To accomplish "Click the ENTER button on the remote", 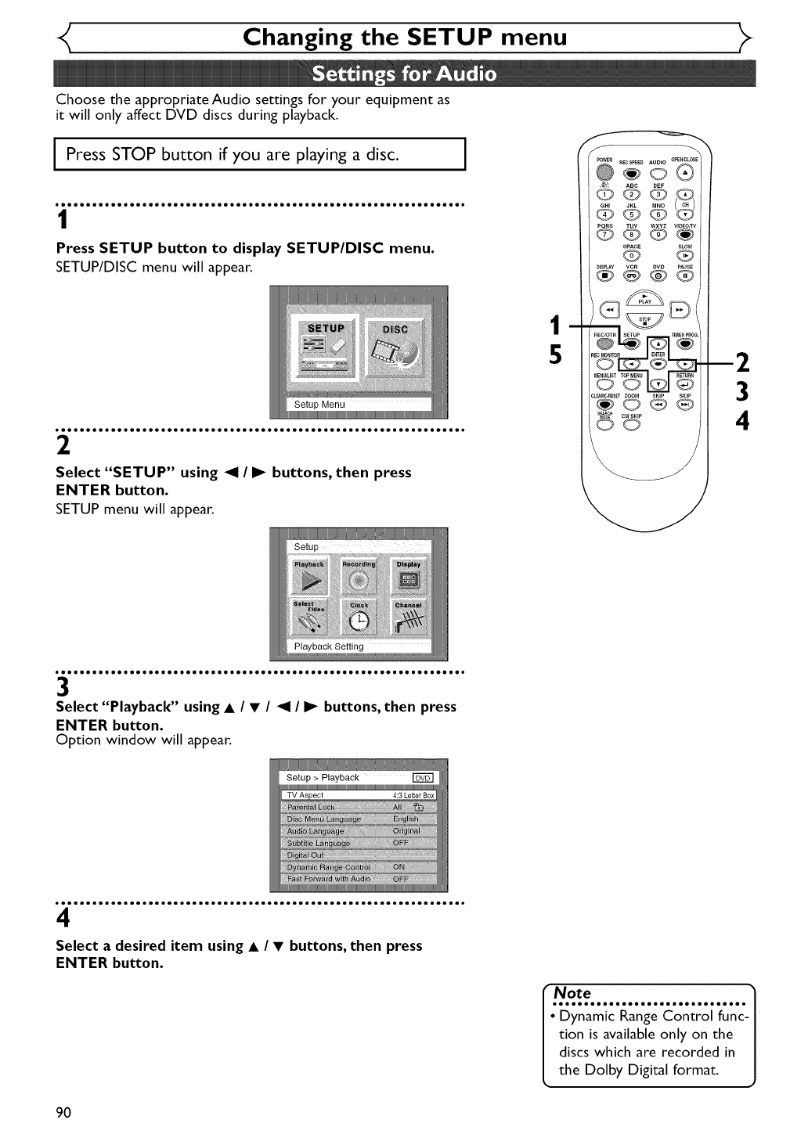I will click(658, 364).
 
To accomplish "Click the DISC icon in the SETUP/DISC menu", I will click(396, 348).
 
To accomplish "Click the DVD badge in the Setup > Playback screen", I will click(423, 778).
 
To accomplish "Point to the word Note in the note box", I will click(572, 993).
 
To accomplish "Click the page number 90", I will click(63, 1113).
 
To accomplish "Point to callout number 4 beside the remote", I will click(742, 421).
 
